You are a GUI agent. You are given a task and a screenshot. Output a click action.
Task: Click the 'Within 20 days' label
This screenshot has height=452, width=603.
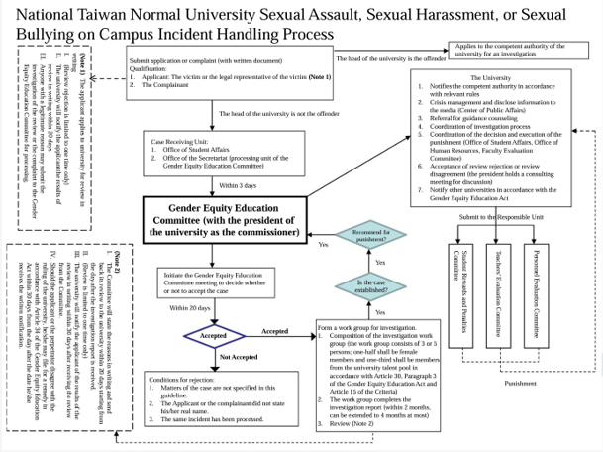[x=188, y=309]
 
